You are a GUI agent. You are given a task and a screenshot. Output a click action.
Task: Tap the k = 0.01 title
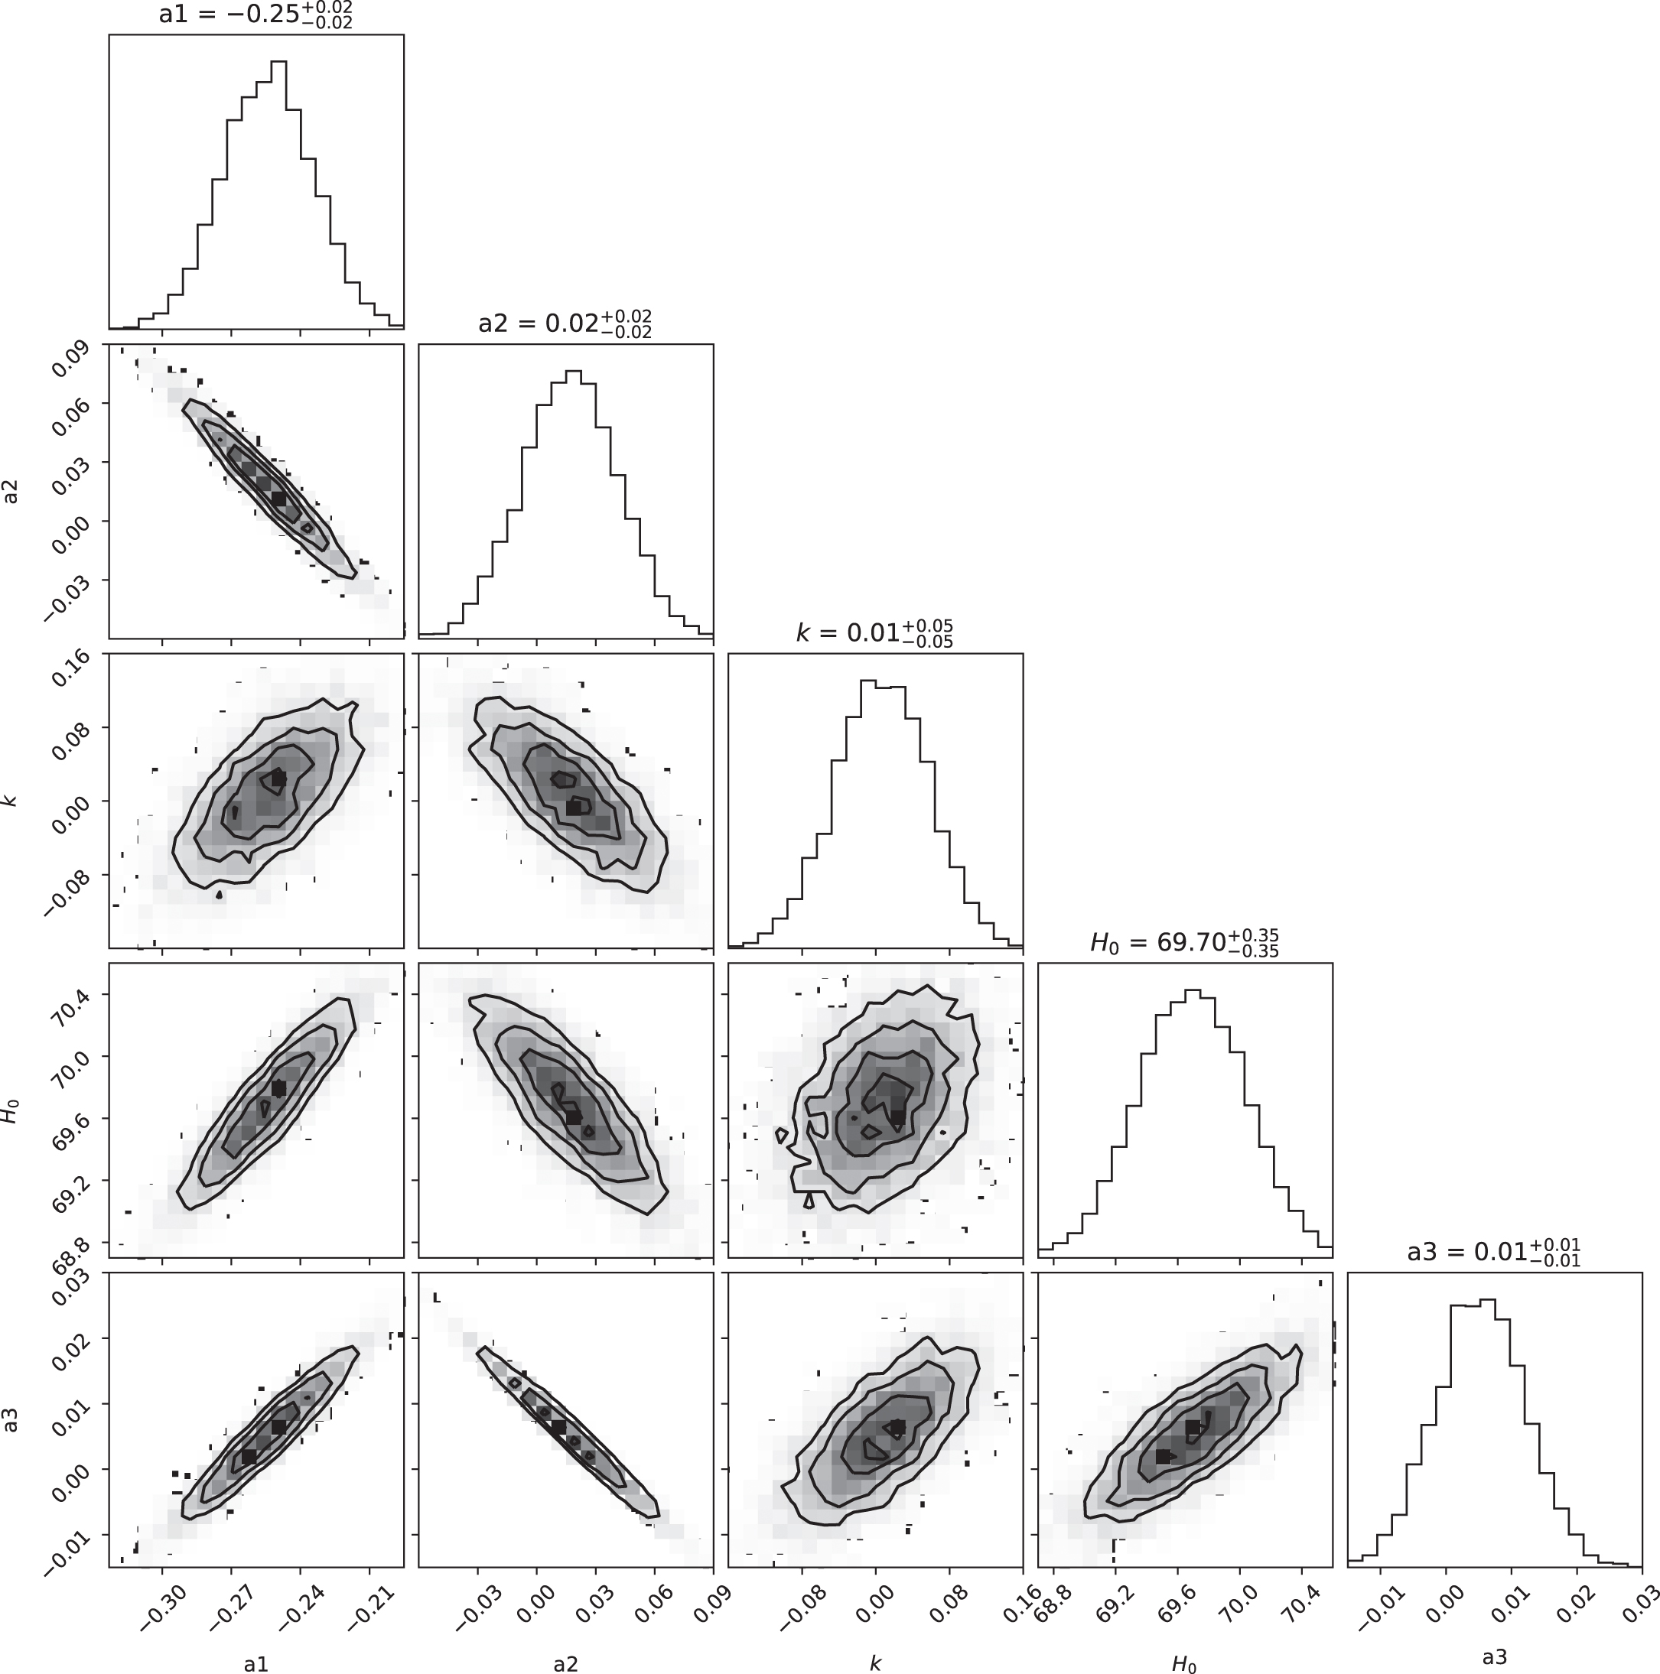coord(874,633)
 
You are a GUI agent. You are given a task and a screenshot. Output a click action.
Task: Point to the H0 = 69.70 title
coord(1184,943)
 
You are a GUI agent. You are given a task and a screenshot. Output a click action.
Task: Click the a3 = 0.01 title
coord(1493,1253)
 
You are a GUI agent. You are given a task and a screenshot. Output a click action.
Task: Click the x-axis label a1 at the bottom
coord(256,1663)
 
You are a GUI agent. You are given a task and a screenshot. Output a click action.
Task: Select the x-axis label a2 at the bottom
coord(565,1663)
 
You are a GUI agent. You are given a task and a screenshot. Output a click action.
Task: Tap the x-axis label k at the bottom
coord(874,1663)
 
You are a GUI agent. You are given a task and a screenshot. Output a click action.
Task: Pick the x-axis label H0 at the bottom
coord(1184,1663)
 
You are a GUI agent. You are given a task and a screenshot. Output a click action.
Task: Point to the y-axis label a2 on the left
coord(12,491)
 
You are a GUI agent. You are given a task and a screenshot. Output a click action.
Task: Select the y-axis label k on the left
coord(12,801)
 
